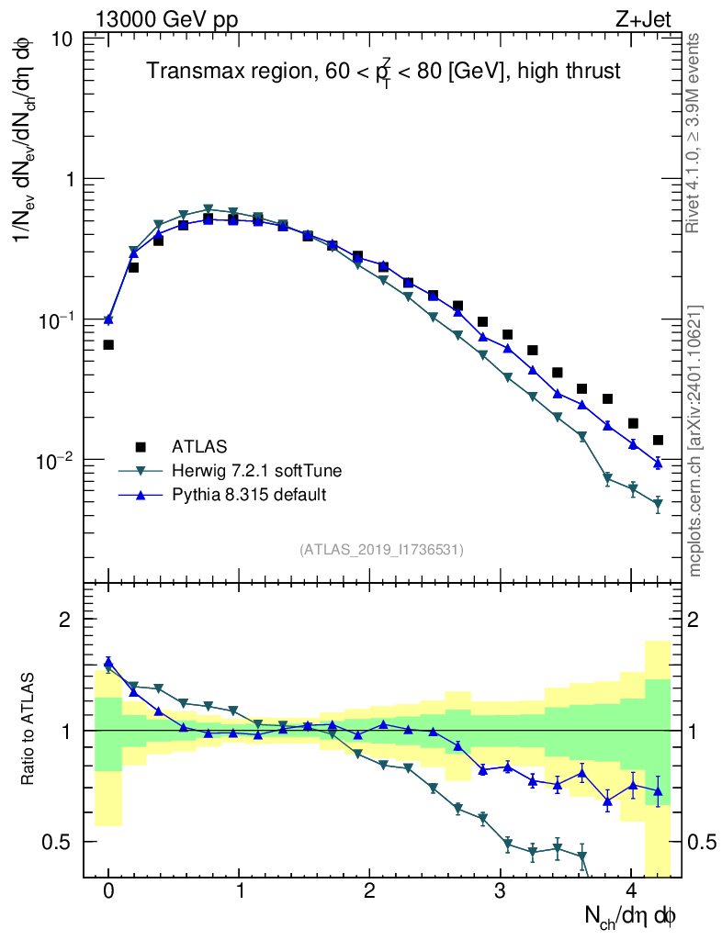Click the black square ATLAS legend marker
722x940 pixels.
[x=141, y=447]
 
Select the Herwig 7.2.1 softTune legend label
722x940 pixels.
[x=257, y=471]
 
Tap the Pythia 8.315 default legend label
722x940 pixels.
[x=249, y=495]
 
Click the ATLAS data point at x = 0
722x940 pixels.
[x=108, y=345]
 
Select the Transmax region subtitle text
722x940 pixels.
[x=384, y=72]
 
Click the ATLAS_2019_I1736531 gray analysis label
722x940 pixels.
[x=381, y=549]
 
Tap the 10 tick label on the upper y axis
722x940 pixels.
[x=63, y=40]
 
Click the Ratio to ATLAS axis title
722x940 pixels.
[x=28, y=731]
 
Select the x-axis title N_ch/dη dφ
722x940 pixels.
[x=631, y=915]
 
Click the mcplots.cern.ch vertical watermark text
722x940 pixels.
[x=695, y=441]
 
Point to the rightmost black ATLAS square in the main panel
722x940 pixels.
[x=658, y=441]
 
